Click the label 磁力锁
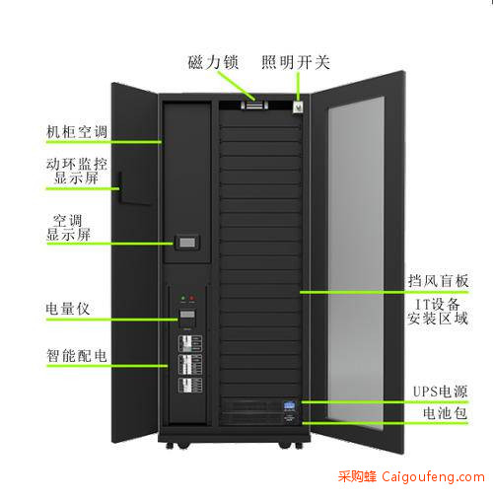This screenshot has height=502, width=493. [x=213, y=62]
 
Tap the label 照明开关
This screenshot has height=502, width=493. [x=296, y=62]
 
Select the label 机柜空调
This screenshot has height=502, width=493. [x=77, y=132]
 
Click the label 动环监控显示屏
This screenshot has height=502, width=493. [x=77, y=171]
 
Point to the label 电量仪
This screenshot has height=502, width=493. [x=68, y=309]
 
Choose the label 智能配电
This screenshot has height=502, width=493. [x=77, y=356]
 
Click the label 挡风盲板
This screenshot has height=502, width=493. [x=438, y=281]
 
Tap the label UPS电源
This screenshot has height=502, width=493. [x=440, y=392]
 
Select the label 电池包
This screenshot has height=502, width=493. [x=445, y=413]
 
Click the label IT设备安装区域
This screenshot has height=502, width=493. [x=438, y=312]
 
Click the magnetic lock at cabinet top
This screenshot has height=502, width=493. [x=254, y=106]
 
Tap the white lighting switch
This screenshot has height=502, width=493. [x=298, y=107]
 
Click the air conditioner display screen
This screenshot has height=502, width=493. [x=187, y=243]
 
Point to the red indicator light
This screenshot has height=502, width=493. [x=192, y=298]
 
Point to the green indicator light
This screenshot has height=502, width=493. [x=183, y=298]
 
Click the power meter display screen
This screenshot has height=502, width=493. [x=187, y=314]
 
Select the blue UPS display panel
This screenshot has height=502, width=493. [x=289, y=405]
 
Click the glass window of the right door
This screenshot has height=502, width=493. [x=356, y=263]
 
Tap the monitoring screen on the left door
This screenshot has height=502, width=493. [x=135, y=188]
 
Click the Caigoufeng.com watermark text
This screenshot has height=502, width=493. [x=433, y=476]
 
